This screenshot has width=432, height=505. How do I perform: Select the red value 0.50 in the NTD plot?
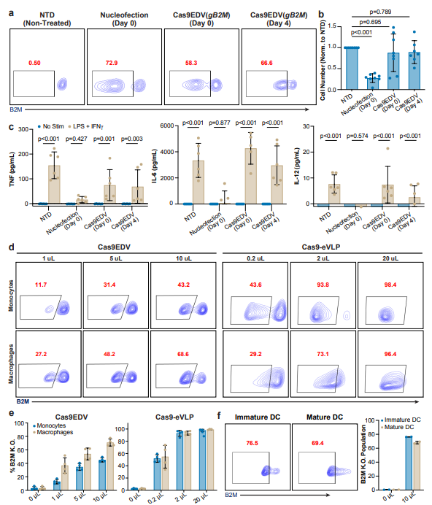(34, 63)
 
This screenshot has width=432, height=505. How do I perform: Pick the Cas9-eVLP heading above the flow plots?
(324, 249)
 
